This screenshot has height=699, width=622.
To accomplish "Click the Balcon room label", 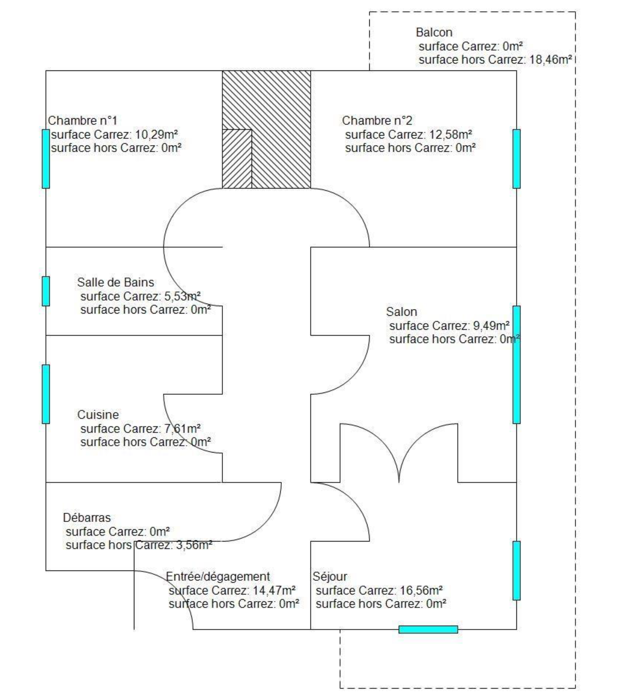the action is coord(434,33).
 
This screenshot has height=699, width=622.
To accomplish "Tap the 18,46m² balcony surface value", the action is coord(551,60).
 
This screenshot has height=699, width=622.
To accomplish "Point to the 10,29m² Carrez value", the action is coord(156,134).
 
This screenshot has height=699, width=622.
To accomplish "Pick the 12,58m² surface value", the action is coord(451,134).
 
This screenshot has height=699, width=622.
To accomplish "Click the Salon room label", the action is coord(401,312).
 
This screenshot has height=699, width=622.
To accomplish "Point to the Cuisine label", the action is coord(98,415).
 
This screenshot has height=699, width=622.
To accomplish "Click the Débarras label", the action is coord(86,518).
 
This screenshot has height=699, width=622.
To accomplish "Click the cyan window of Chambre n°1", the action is coord(46,159).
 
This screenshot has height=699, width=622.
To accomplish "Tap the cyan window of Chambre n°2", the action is coord(516,159).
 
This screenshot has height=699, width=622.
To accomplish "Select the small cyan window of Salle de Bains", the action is coord(46,291).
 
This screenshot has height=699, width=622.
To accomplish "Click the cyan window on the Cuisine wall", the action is coord(46,394).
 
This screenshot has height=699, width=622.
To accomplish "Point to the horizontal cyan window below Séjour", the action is coord(428,629).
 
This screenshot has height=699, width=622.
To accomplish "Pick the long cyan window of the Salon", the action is coord(516,364).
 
